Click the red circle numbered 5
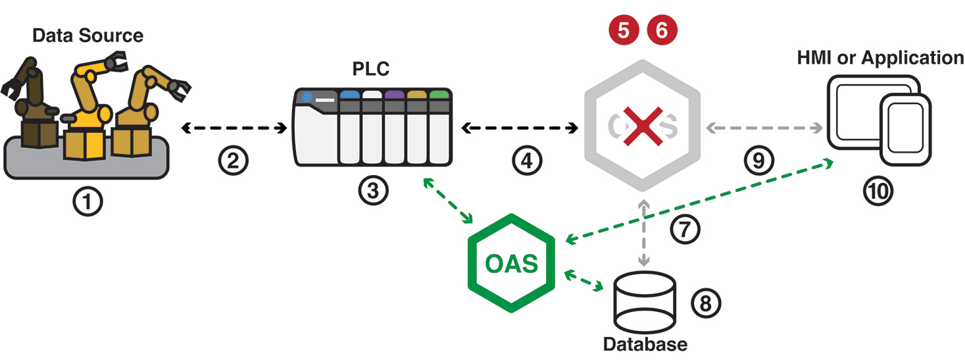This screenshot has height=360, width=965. click(x=623, y=30)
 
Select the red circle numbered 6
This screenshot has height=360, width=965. click(x=661, y=30)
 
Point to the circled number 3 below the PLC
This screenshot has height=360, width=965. click(x=373, y=190)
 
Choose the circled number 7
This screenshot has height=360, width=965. click(x=685, y=230)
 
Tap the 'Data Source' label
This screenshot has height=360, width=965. click(x=87, y=35)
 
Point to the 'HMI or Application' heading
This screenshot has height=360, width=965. click(x=880, y=58)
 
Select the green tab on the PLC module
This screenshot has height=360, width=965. click(x=438, y=95)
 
